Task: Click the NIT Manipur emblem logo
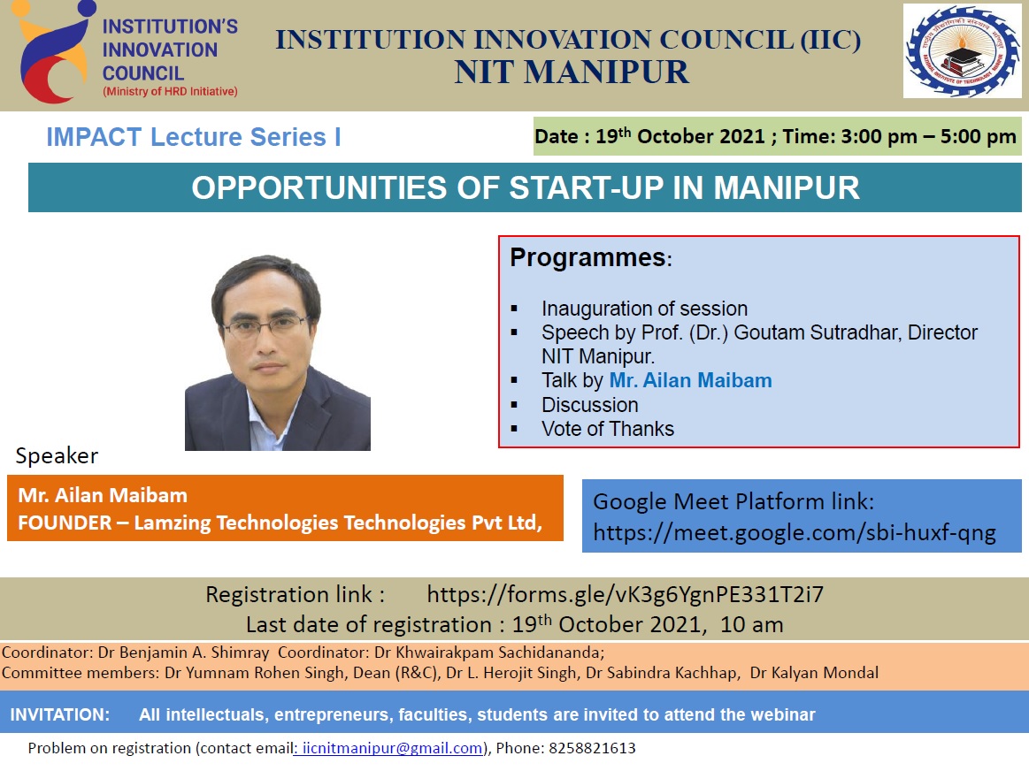(x=962, y=51)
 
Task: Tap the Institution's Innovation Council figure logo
(x=55, y=51)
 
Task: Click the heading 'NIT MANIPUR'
(x=572, y=73)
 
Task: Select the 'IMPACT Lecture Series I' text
(x=194, y=137)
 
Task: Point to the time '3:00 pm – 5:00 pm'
(x=929, y=136)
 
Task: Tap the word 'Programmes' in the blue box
(x=588, y=257)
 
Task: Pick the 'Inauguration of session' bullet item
(x=644, y=309)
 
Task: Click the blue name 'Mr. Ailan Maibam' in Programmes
(x=690, y=380)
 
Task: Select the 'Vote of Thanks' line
(x=608, y=429)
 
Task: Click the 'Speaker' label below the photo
(x=58, y=455)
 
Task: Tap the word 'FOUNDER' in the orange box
(x=65, y=523)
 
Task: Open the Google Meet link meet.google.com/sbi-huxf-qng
(x=795, y=532)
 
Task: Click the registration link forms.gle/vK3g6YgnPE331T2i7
(x=626, y=595)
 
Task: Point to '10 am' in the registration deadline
(x=751, y=625)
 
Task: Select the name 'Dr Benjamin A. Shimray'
(x=184, y=653)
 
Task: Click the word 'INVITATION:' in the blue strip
(x=59, y=714)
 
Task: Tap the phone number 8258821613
(x=592, y=748)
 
